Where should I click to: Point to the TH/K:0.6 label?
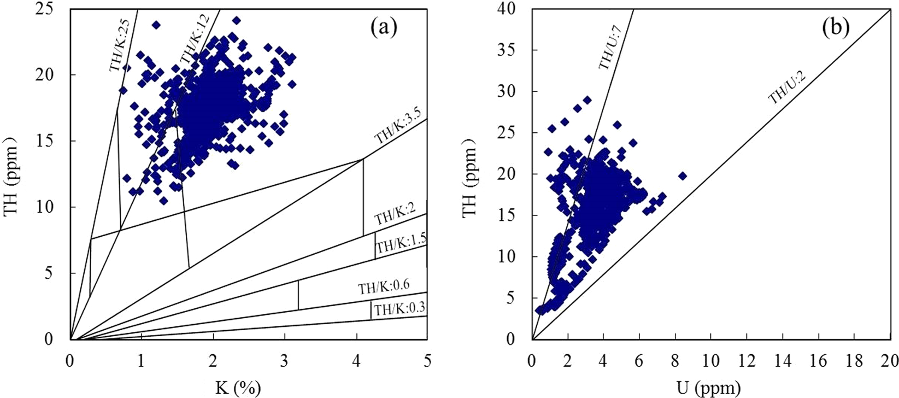[x=384, y=286]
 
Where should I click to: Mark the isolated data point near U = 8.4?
[x=682, y=175]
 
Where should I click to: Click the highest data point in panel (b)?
[x=587, y=100]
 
